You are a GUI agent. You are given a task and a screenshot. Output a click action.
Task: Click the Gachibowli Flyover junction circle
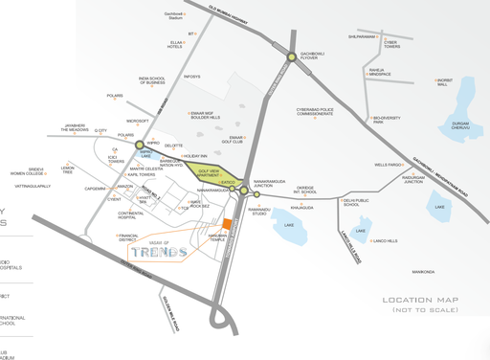coord(291,59)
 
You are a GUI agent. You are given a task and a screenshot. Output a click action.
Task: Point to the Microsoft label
coord(137,122)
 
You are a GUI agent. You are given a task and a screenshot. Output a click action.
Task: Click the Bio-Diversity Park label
coord(391,120)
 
